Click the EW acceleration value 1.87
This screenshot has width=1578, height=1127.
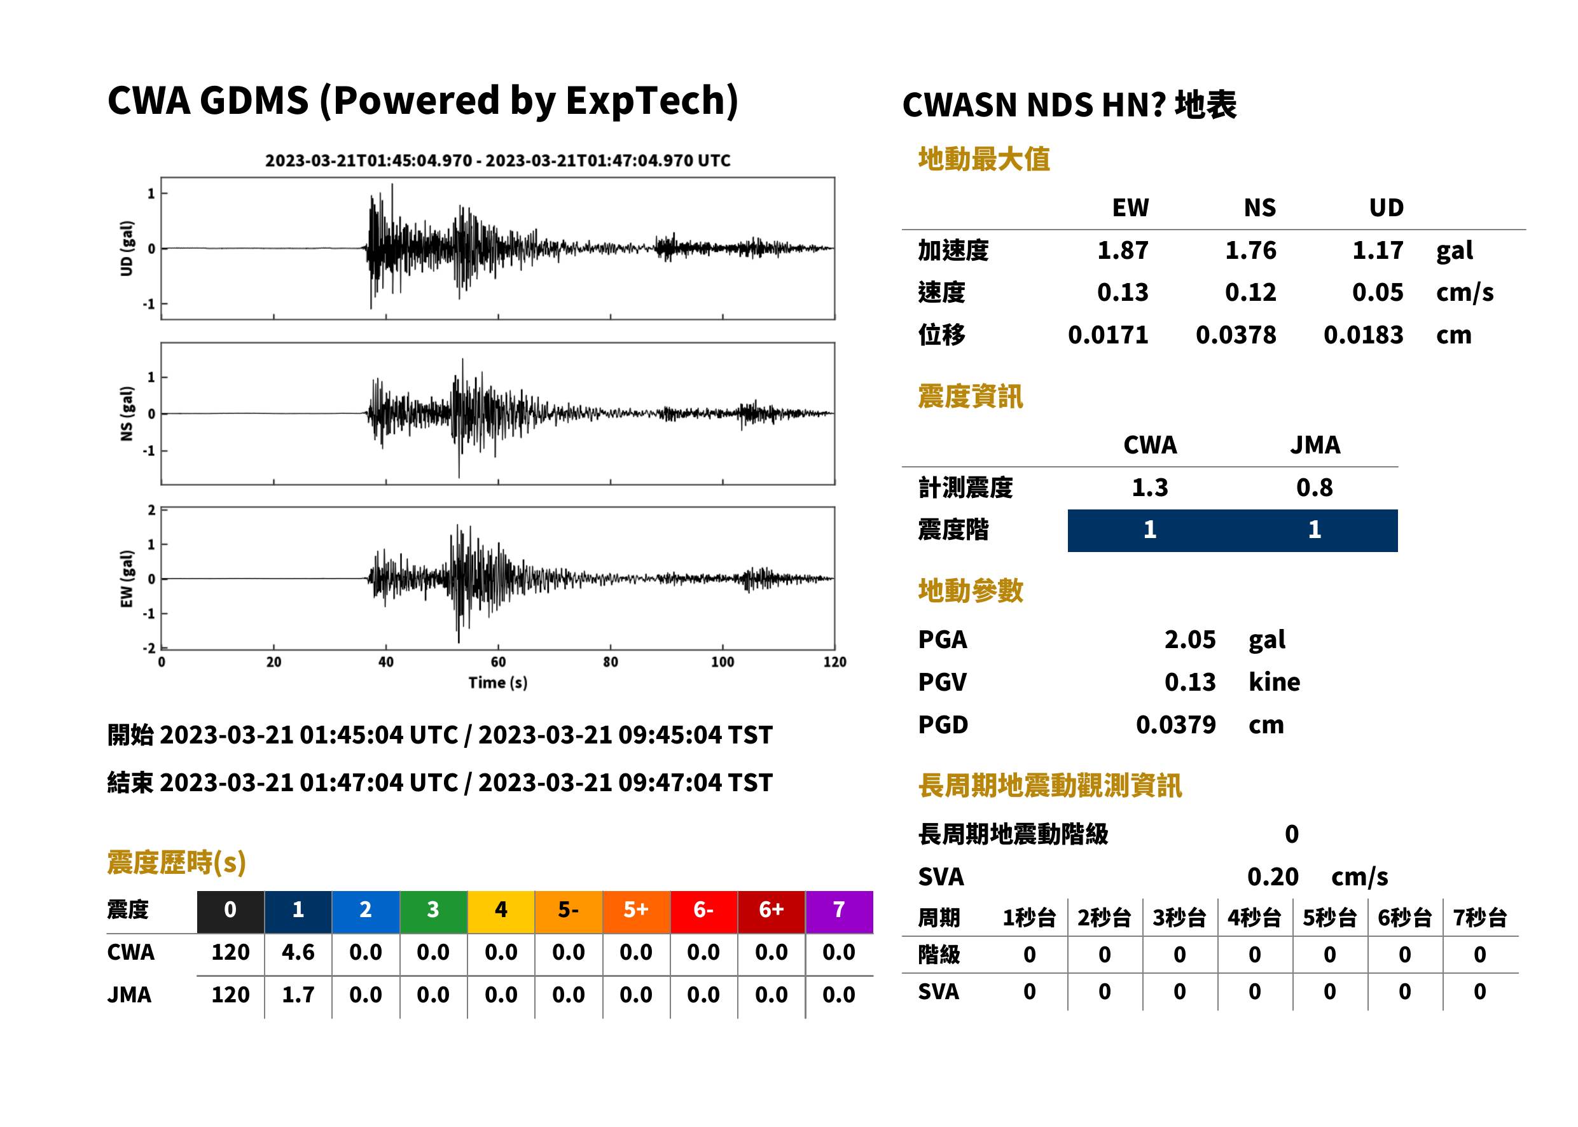tap(1122, 251)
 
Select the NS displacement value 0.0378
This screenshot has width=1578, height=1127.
tap(1235, 335)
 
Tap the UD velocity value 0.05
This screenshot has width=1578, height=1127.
tap(1378, 293)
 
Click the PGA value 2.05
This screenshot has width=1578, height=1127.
tap(1189, 640)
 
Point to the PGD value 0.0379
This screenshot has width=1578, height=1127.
tap(1175, 725)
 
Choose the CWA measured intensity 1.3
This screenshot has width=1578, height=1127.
tap(1150, 488)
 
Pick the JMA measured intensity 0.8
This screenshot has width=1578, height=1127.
tap(1314, 488)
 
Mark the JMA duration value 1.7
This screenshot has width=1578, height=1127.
tap(298, 995)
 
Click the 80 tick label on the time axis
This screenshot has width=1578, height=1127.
tap(610, 662)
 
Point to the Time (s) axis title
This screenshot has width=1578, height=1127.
tap(497, 683)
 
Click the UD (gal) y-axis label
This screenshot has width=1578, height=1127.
tap(127, 249)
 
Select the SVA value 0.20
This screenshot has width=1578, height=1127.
tap(1273, 877)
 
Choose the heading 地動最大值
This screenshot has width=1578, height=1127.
tap(984, 159)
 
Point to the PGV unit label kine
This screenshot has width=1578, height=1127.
tap(1274, 682)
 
